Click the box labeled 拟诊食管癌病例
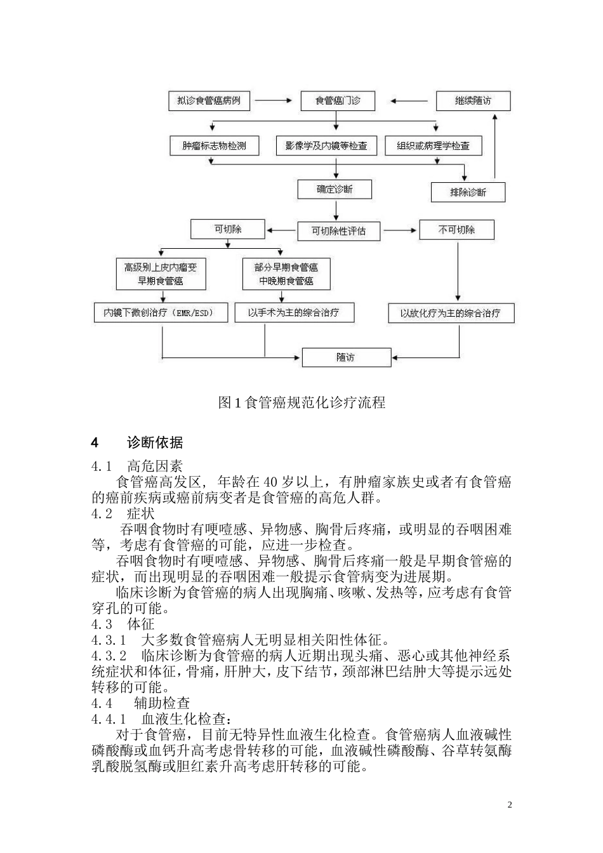pos(209,101)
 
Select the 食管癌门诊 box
pos(338,101)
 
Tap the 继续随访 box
pos(473,101)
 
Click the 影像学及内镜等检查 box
pos(326,145)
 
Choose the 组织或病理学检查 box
pos(434,145)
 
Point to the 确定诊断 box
pos(335,189)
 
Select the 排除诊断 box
pos(468,192)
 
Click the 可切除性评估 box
pos(338,230)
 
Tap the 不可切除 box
pos(456,229)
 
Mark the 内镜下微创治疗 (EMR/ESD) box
pos(161,313)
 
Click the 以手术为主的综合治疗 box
pos(294,312)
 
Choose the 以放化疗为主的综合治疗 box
pos(451,313)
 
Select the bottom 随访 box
pos(346,357)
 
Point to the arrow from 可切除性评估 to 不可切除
pos(400,230)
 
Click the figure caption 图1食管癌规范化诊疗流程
pos(301,402)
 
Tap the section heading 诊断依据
pos(155,442)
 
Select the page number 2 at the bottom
pos(509,805)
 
